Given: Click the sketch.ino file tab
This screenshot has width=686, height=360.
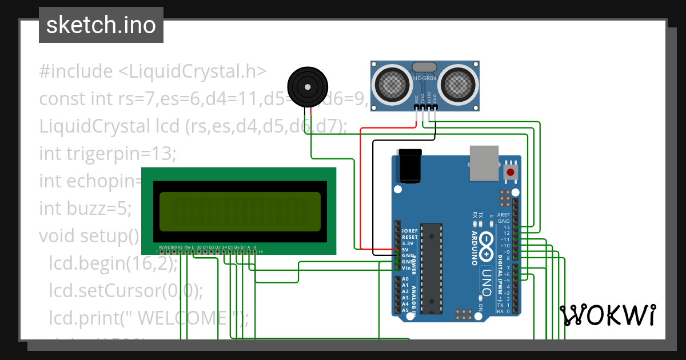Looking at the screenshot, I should (x=101, y=25).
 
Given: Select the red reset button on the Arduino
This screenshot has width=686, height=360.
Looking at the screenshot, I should (x=510, y=171).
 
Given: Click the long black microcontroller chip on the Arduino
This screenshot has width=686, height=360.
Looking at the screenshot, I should (x=431, y=268).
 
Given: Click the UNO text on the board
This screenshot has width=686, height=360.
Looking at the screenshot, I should (x=487, y=280).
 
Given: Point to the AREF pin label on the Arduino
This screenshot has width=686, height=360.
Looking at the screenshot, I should (x=503, y=215).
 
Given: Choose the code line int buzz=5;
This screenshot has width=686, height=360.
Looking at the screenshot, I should (x=85, y=207).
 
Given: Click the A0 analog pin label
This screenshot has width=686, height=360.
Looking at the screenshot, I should (x=405, y=279).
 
